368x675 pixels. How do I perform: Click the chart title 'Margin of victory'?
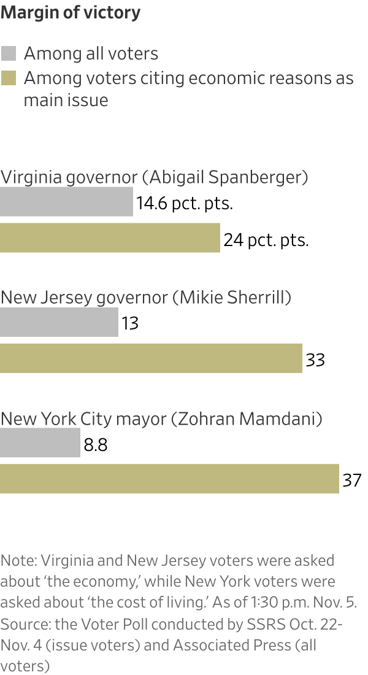tap(71, 13)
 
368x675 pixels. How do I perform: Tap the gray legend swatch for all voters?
tap(9, 53)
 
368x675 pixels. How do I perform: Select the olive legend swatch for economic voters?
tap(9, 79)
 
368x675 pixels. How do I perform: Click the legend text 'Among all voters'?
tap(91, 54)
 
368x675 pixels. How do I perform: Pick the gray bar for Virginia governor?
tap(66, 202)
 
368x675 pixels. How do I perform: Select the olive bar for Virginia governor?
tap(110, 238)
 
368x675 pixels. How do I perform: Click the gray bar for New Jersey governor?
tap(59, 322)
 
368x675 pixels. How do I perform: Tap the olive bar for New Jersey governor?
tap(151, 358)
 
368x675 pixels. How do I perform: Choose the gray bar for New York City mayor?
tap(40, 443)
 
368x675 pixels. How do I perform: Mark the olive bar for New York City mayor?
tap(169, 479)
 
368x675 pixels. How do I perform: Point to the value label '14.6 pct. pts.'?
tap(185, 203)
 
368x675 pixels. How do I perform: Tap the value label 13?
tap(130, 323)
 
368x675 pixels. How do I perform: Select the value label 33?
tap(315, 360)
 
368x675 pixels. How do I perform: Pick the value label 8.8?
tap(96, 444)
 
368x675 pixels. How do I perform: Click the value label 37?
tap(352, 480)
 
